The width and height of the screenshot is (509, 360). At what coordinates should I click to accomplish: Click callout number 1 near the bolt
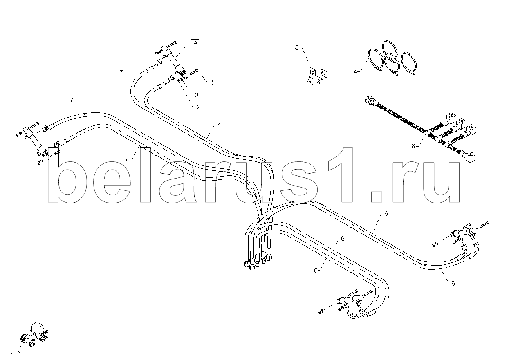(212, 83)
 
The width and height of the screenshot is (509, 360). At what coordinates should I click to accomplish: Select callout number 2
(198, 107)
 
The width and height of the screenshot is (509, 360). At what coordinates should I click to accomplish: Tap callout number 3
(197, 95)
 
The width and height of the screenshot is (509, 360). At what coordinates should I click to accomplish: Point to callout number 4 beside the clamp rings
(355, 72)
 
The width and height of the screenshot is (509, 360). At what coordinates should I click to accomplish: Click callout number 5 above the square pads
(296, 48)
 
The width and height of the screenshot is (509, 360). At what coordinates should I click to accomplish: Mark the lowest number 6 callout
(453, 284)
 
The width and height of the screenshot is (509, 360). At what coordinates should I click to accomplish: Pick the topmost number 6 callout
(386, 213)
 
